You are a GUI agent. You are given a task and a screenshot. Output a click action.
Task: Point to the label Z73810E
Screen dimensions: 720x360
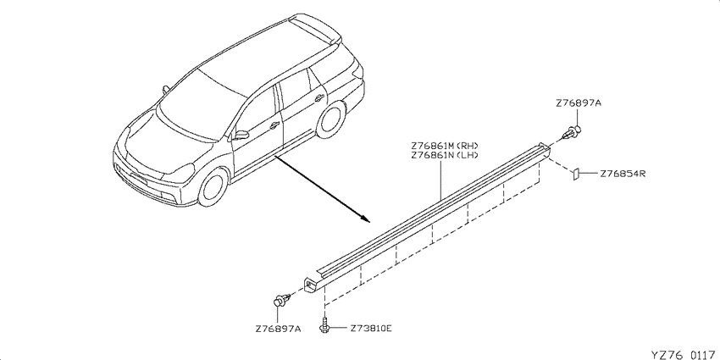[370, 329]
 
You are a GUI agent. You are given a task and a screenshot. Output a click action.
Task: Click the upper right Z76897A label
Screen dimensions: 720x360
[578, 103]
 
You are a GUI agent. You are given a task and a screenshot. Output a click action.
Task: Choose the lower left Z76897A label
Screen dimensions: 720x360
[278, 330]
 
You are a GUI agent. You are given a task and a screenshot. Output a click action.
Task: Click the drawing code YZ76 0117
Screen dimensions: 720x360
[684, 355]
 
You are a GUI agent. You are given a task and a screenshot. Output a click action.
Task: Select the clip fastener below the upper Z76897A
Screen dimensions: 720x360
[572, 133]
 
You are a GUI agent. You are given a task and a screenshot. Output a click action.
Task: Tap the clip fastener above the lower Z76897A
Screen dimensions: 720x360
[281, 300]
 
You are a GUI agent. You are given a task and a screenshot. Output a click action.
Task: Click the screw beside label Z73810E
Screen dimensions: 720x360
[324, 324]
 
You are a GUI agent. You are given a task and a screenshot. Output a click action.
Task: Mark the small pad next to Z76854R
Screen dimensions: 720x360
[574, 174]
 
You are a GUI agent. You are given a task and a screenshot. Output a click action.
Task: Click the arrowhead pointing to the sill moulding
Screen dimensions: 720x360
[364, 217]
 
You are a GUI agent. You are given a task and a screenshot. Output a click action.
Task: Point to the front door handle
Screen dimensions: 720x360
[274, 125]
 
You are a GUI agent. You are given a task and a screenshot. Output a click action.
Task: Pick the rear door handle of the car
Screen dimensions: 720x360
[319, 97]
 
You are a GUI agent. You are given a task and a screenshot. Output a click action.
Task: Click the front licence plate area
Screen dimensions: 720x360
[139, 179]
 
